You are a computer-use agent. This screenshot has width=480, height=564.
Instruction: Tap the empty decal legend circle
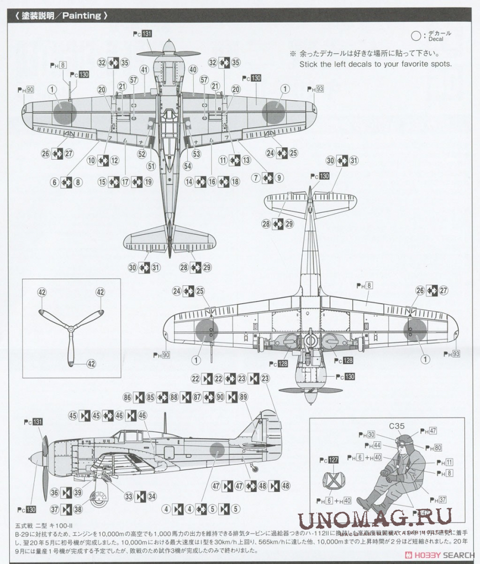pos(416,37)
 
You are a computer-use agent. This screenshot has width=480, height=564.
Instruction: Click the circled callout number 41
pos(144,70)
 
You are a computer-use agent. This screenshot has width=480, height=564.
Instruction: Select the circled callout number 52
pos(142,154)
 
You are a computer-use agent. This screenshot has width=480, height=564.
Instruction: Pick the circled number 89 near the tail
pos(244,396)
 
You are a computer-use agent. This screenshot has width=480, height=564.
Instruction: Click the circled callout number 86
pos(128,396)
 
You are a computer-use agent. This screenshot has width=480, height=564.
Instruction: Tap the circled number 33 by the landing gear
pos(128,497)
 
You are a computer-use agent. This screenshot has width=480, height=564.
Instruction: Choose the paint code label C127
pos(333,460)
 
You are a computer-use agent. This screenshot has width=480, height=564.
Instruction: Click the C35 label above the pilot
pos(397,426)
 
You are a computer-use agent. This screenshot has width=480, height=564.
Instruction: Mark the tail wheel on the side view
pos(254,468)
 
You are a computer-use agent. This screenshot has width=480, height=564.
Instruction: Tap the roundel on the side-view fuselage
pos(215,450)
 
